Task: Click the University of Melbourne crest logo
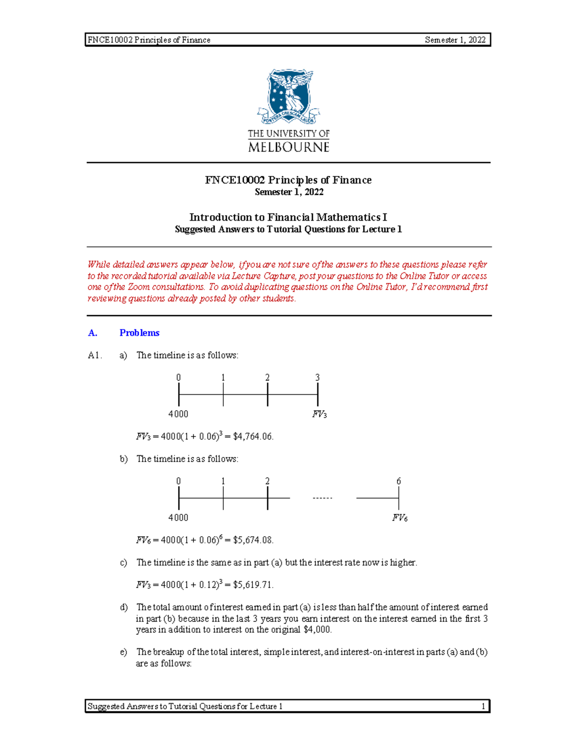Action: pyautogui.click(x=288, y=96)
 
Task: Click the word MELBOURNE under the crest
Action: pyautogui.click(x=288, y=147)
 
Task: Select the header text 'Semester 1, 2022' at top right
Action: pyautogui.click(x=455, y=40)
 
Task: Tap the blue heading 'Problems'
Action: pyautogui.click(x=139, y=332)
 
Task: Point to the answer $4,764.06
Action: pyautogui.click(x=253, y=436)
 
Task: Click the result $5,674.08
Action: pyautogui.click(x=253, y=540)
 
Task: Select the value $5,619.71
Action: pyautogui.click(x=253, y=584)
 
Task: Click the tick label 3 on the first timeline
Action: pyautogui.click(x=317, y=378)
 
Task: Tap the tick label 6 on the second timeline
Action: pyautogui.click(x=398, y=481)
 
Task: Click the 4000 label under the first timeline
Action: pyautogui.click(x=178, y=414)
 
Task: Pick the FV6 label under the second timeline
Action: pyautogui.click(x=399, y=518)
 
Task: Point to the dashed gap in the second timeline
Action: pyautogui.click(x=322, y=498)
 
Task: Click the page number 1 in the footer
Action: pyautogui.click(x=483, y=706)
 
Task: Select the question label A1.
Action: pyautogui.click(x=95, y=355)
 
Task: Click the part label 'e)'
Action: pyautogui.click(x=123, y=651)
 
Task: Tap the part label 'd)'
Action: pyautogui.click(x=123, y=607)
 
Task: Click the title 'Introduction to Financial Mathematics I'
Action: pyautogui.click(x=288, y=217)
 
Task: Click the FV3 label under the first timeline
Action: pyautogui.click(x=319, y=414)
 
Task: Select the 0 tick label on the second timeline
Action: pyautogui.click(x=179, y=481)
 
